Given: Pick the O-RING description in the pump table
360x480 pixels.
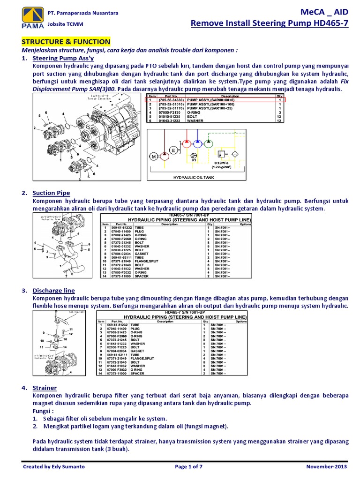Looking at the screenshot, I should click(x=196, y=112).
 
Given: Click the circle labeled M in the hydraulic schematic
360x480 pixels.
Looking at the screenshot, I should click(x=153, y=156).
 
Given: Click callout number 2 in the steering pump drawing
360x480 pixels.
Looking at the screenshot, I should click(x=35, y=127).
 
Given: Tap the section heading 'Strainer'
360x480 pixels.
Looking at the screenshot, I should click(x=45, y=388).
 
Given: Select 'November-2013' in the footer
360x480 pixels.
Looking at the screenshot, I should click(x=327, y=467).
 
